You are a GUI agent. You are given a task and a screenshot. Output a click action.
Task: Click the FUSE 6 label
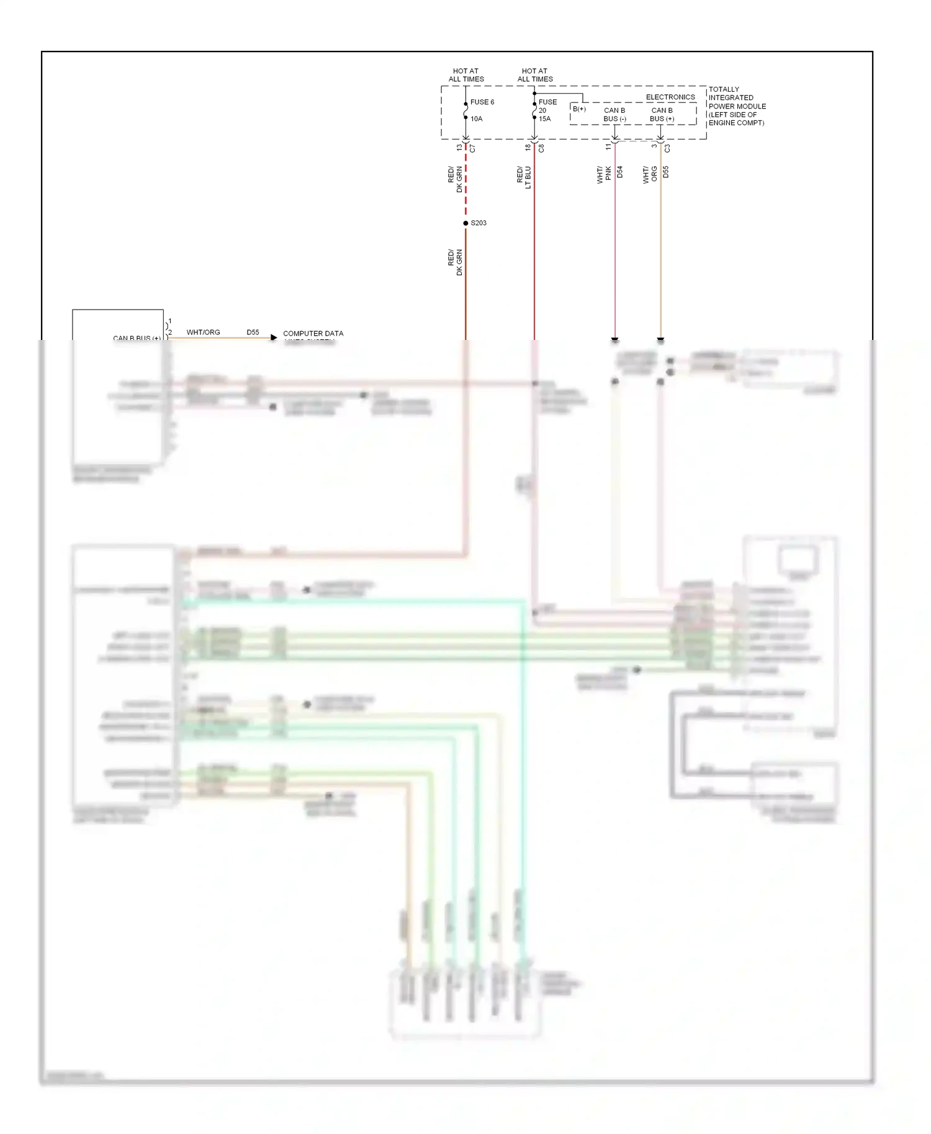pyautogui.click(x=482, y=102)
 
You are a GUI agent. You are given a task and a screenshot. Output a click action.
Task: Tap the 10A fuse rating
pyautogui.click(x=476, y=119)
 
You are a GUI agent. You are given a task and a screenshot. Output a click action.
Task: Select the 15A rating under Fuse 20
pyautogui.click(x=544, y=119)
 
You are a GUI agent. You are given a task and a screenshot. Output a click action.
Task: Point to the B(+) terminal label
pyautogui.click(x=578, y=109)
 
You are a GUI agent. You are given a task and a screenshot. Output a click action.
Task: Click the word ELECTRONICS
pyautogui.click(x=670, y=97)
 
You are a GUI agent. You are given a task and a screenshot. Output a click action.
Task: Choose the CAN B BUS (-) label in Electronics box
pyautogui.click(x=614, y=115)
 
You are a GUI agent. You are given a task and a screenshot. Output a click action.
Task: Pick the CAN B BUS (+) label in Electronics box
pyautogui.click(x=662, y=115)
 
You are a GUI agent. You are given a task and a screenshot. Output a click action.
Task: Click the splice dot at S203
pyautogui.click(x=465, y=223)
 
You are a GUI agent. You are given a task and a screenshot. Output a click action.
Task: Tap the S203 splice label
pyautogui.click(x=479, y=223)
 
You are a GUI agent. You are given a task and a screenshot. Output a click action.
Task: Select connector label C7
pyautogui.click(x=472, y=149)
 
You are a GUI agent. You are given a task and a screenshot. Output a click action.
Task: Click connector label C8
pyautogui.click(x=541, y=149)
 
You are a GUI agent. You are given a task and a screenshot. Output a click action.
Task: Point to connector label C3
pyautogui.click(x=667, y=149)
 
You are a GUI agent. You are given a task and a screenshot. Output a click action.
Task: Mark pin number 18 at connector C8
pyautogui.click(x=528, y=148)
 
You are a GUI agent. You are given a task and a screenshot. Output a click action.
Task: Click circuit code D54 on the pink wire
pyautogui.click(x=620, y=172)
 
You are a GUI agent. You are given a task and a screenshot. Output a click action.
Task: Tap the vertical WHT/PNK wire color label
pyautogui.click(x=604, y=174)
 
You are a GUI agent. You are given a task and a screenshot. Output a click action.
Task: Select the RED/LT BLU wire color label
pyautogui.click(x=524, y=177)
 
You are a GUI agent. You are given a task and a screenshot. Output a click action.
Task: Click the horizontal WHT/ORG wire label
pyautogui.click(x=203, y=333)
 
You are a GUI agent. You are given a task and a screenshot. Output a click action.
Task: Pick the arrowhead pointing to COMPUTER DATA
pyautogui.click(x=274, y=337)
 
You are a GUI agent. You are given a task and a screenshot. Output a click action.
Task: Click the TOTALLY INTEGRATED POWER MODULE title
pyautogui.click(x=737, y=106)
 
